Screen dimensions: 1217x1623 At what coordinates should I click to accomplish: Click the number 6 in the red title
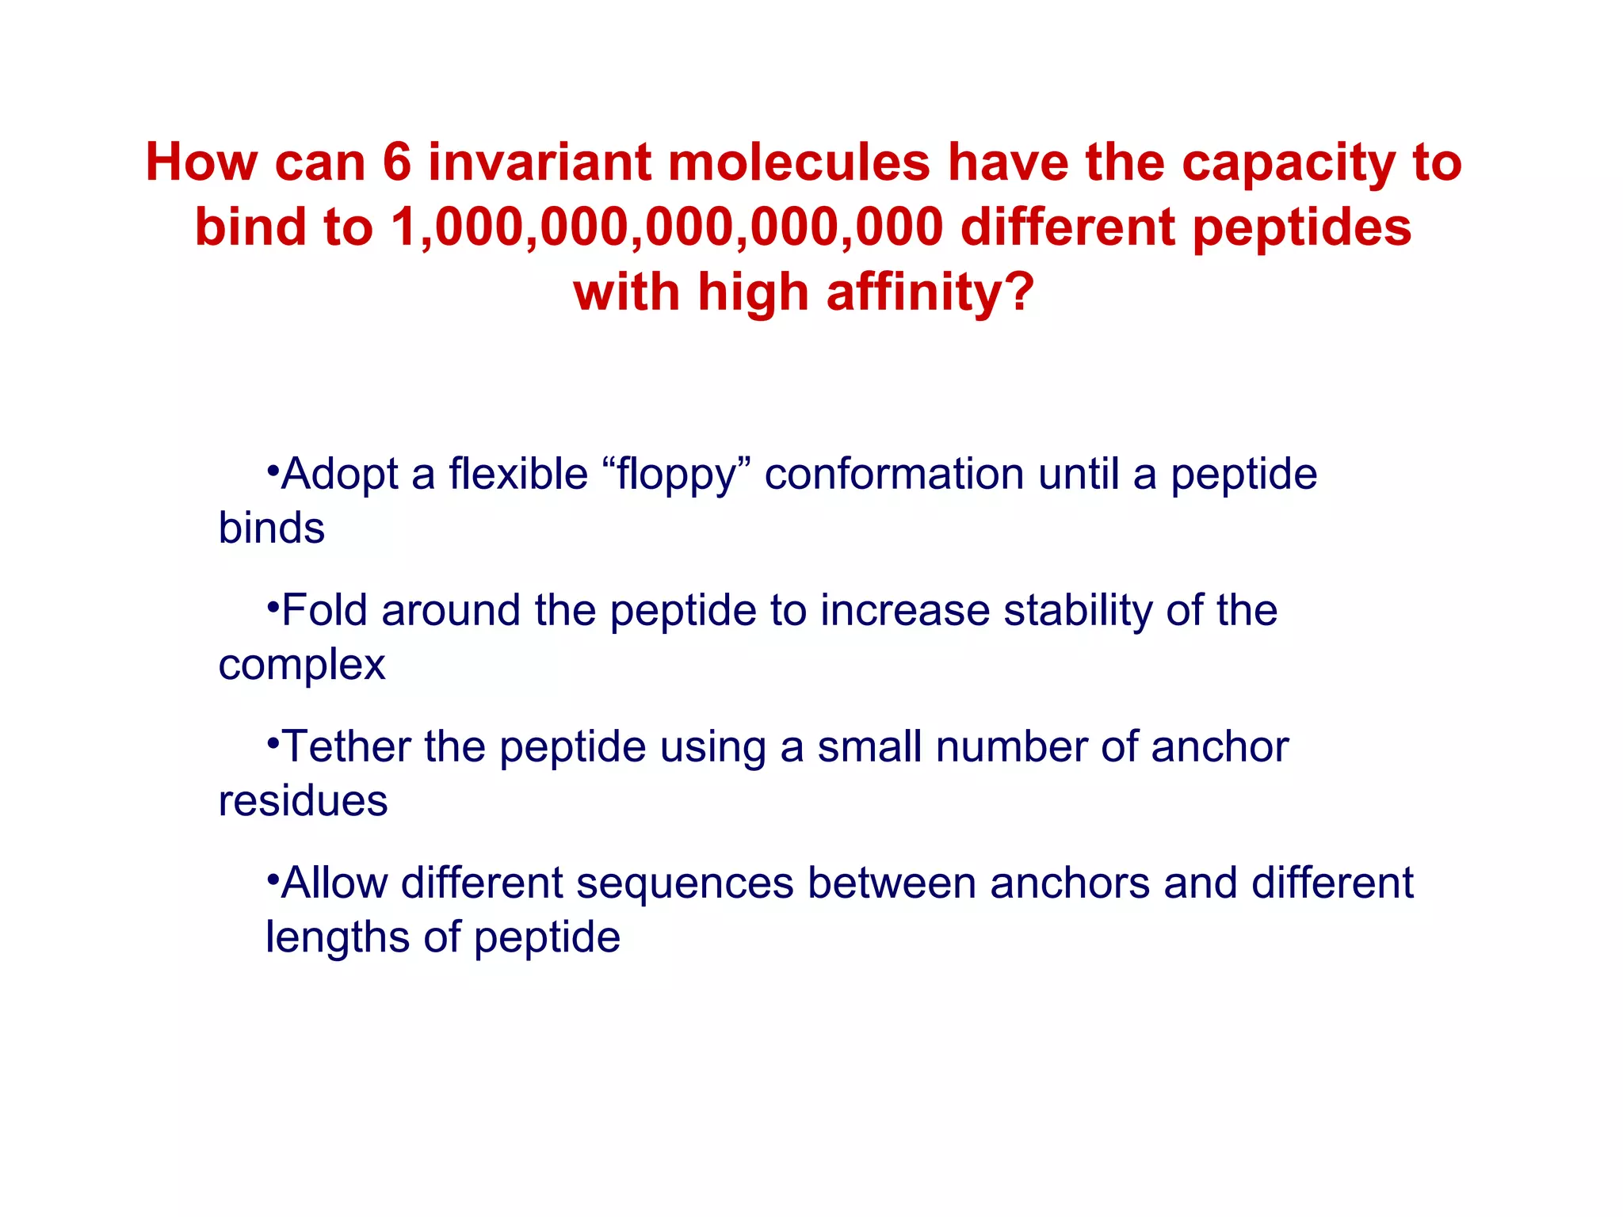pyautogui.click(x=397, y=162)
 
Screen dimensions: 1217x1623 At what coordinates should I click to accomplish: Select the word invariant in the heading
pyautogui.click(x=539, y=162)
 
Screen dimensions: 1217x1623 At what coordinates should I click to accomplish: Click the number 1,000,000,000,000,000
pyautogui.click(x=666, y=227)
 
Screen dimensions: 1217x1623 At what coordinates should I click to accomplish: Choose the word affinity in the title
pyautogui.click(x=930, y=292)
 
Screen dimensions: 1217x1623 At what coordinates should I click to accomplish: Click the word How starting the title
pyautogui.click(x=201, y=162)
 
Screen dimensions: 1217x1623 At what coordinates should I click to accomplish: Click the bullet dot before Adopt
pyautogui.click(x=273, y=470)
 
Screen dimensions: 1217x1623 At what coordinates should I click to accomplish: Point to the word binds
pyautogui.click(x=271, y=528)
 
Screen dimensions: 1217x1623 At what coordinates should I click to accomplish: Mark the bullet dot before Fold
pyautogui.click(x=273, y=606)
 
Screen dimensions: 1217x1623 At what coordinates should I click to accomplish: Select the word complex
pyautogui.click(x=301, y=666)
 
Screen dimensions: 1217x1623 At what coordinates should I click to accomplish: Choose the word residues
pyautogui.click(x=303, y=801)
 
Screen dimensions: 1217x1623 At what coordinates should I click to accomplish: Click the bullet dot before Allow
pyautogui.click(x=273, y=879)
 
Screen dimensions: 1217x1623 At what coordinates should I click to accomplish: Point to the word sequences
pyautogui.click(x=685, y=883)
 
